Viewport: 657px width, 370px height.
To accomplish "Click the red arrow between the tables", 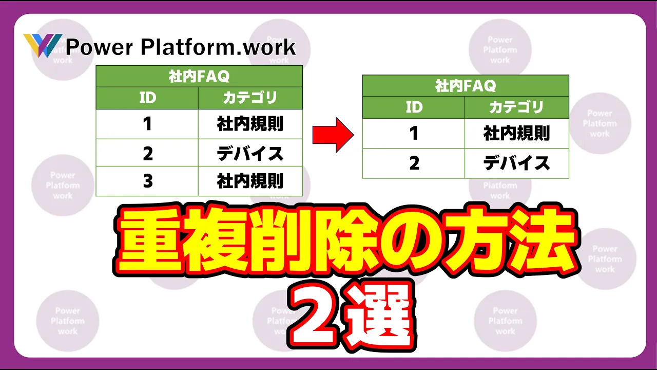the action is click(x=333, y=135).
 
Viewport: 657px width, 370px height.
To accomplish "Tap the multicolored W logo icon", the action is click(x=43, y=45).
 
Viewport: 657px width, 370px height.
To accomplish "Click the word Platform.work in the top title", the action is click(x=219, y=47).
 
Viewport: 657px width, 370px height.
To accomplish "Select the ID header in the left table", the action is click(x=147, y=98).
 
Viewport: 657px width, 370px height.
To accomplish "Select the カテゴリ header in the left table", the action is click(x=250, y=98).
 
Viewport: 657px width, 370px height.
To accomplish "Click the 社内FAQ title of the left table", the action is click(x=199, y=77).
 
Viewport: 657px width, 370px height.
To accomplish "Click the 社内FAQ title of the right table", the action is click(x=466, y=86).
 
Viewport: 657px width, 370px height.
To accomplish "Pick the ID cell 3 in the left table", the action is click(x=147, y=181).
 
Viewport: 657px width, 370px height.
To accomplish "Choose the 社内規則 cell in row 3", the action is click(x=250, y=181).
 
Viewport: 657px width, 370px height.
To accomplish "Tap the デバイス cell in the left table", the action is click(x=250, y=153).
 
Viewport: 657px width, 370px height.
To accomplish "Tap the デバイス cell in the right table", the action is click(x=516, y=163).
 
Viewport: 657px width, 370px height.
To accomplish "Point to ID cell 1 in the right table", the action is click(x=414, y=133).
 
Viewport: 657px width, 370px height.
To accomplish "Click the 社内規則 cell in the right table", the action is click(x=516, y=133).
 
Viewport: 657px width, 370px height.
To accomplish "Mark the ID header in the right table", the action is click(x=414, y=107).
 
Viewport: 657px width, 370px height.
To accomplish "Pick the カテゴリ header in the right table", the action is click(x=516, y=107).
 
